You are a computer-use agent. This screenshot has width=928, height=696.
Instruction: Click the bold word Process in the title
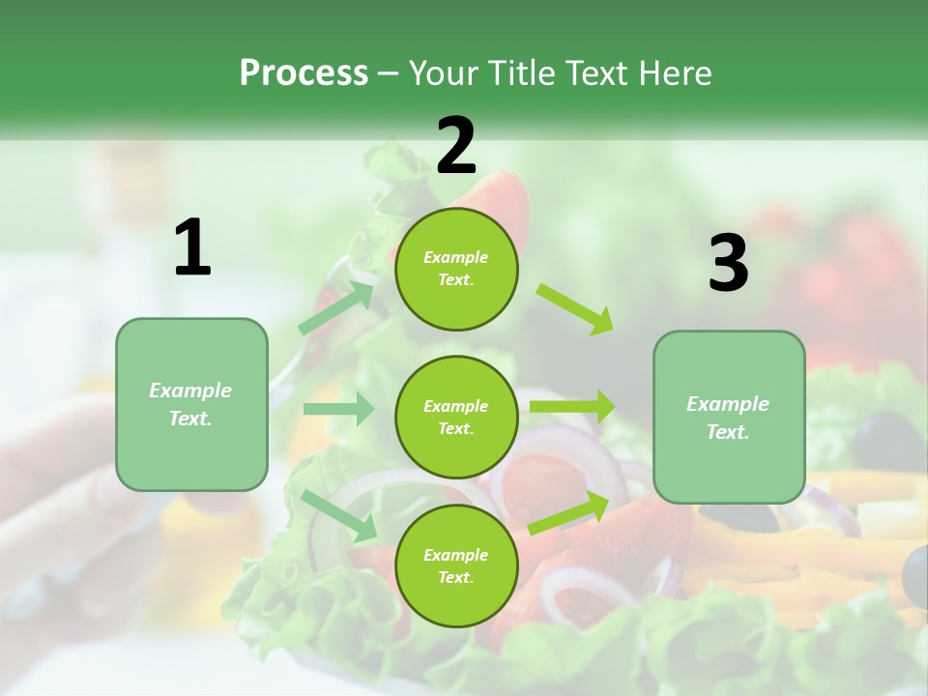(304, 72)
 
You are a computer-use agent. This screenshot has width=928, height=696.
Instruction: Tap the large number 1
(192, 248)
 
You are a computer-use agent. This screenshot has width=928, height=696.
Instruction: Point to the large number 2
(456, 145)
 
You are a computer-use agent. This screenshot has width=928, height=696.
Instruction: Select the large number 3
(728, 264)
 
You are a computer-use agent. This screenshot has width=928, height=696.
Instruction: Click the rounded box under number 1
(191, 404)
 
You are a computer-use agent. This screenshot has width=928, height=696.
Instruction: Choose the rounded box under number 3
(729, 417)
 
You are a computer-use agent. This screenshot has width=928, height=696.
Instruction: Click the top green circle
(456, 269)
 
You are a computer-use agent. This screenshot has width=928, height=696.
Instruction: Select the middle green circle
(456, 417)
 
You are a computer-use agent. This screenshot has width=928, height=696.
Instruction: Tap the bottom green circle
(456, 565)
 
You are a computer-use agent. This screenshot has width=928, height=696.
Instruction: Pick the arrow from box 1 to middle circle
(338, 409)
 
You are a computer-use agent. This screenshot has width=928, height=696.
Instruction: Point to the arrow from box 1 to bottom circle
(339, 515)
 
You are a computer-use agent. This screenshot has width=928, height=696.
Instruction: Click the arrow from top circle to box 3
(575, 308)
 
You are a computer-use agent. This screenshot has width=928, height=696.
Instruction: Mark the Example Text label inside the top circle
(456, 269)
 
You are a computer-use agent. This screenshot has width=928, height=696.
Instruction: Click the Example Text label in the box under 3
(728, 418)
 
